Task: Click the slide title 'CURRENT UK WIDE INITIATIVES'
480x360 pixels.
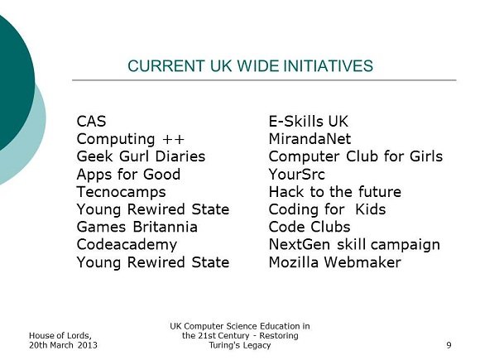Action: [x=250, y=66]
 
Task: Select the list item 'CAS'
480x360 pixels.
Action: [x=91, y=121]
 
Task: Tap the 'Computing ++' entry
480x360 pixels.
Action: [x=131, y=139]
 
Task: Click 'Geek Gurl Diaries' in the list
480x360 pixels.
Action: [x=141, y=156]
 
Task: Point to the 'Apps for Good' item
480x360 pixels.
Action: [x=128, y=175]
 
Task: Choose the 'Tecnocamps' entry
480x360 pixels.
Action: [x=121, y=192]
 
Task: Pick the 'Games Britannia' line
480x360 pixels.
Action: [x=137, y=227]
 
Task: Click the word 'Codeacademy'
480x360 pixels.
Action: [x=127, y=245]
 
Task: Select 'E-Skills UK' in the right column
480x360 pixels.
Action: [x=309, y=121]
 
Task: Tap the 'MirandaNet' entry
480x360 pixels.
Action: [x=310, y=139]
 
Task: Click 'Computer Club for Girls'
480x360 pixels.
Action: [x=356, y=156]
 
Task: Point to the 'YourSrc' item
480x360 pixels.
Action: [x=296, y=175]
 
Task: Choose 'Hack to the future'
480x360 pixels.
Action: [x=335, y=192]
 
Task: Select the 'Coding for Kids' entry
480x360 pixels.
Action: [x=327, y=209]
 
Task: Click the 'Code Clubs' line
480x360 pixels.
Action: [x=310, y=227]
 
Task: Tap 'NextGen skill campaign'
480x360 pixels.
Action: [x=354, y=245]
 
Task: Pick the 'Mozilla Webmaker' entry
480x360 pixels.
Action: [x=335, y=262]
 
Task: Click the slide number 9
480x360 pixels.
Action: [x=449, y=345]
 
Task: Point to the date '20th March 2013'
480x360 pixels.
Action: [x=64, y=345]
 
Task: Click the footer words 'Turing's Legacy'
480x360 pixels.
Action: [x=240, y=346]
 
